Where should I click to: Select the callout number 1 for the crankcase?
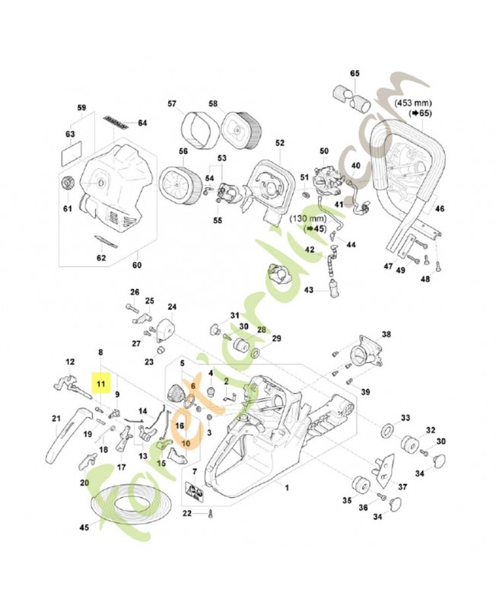[286, 486]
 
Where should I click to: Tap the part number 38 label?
[386, 335]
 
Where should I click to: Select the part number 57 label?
[172, 104]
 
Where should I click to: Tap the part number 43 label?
[309, 290]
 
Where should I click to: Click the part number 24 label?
[172, 308]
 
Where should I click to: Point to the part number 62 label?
[101, 257]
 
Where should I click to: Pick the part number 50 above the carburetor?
[323, 151]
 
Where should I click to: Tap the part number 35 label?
[345, 500]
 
